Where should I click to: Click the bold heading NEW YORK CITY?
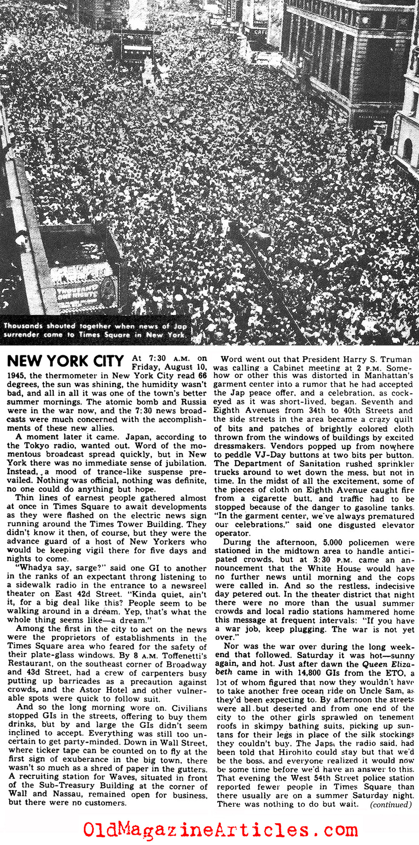[65, 362]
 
